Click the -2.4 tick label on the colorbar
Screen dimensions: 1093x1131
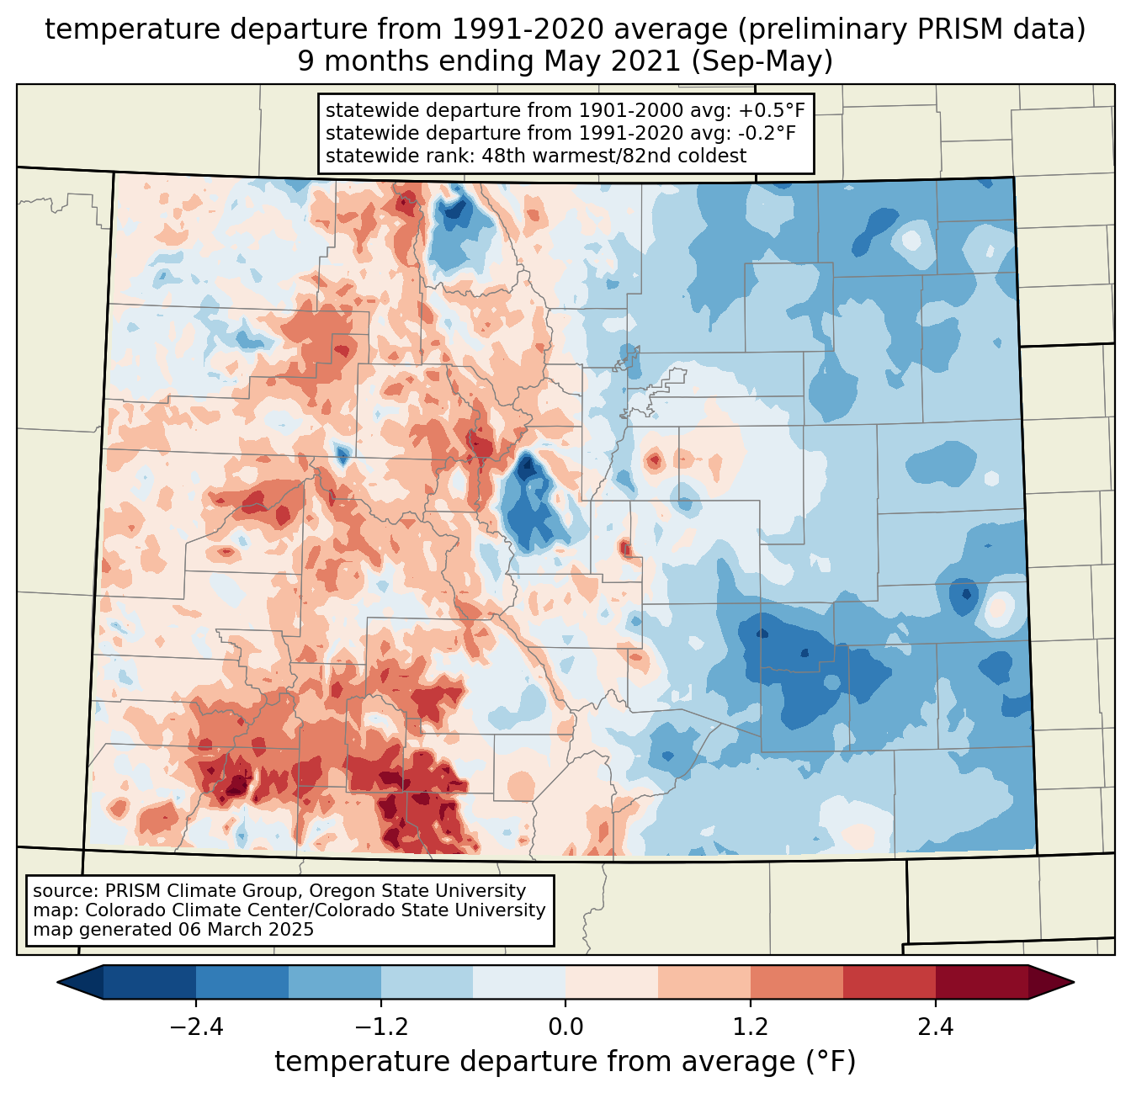click(196, 1027)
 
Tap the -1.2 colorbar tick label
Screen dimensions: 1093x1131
click(380, 1027)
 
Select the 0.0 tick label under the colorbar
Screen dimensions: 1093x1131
click(565, 1027)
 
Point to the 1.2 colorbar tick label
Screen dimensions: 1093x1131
click(751, 1027)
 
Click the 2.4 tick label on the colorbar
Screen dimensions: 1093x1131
click(936, 1027)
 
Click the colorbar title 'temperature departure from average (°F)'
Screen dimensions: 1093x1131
click(565, 1062)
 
